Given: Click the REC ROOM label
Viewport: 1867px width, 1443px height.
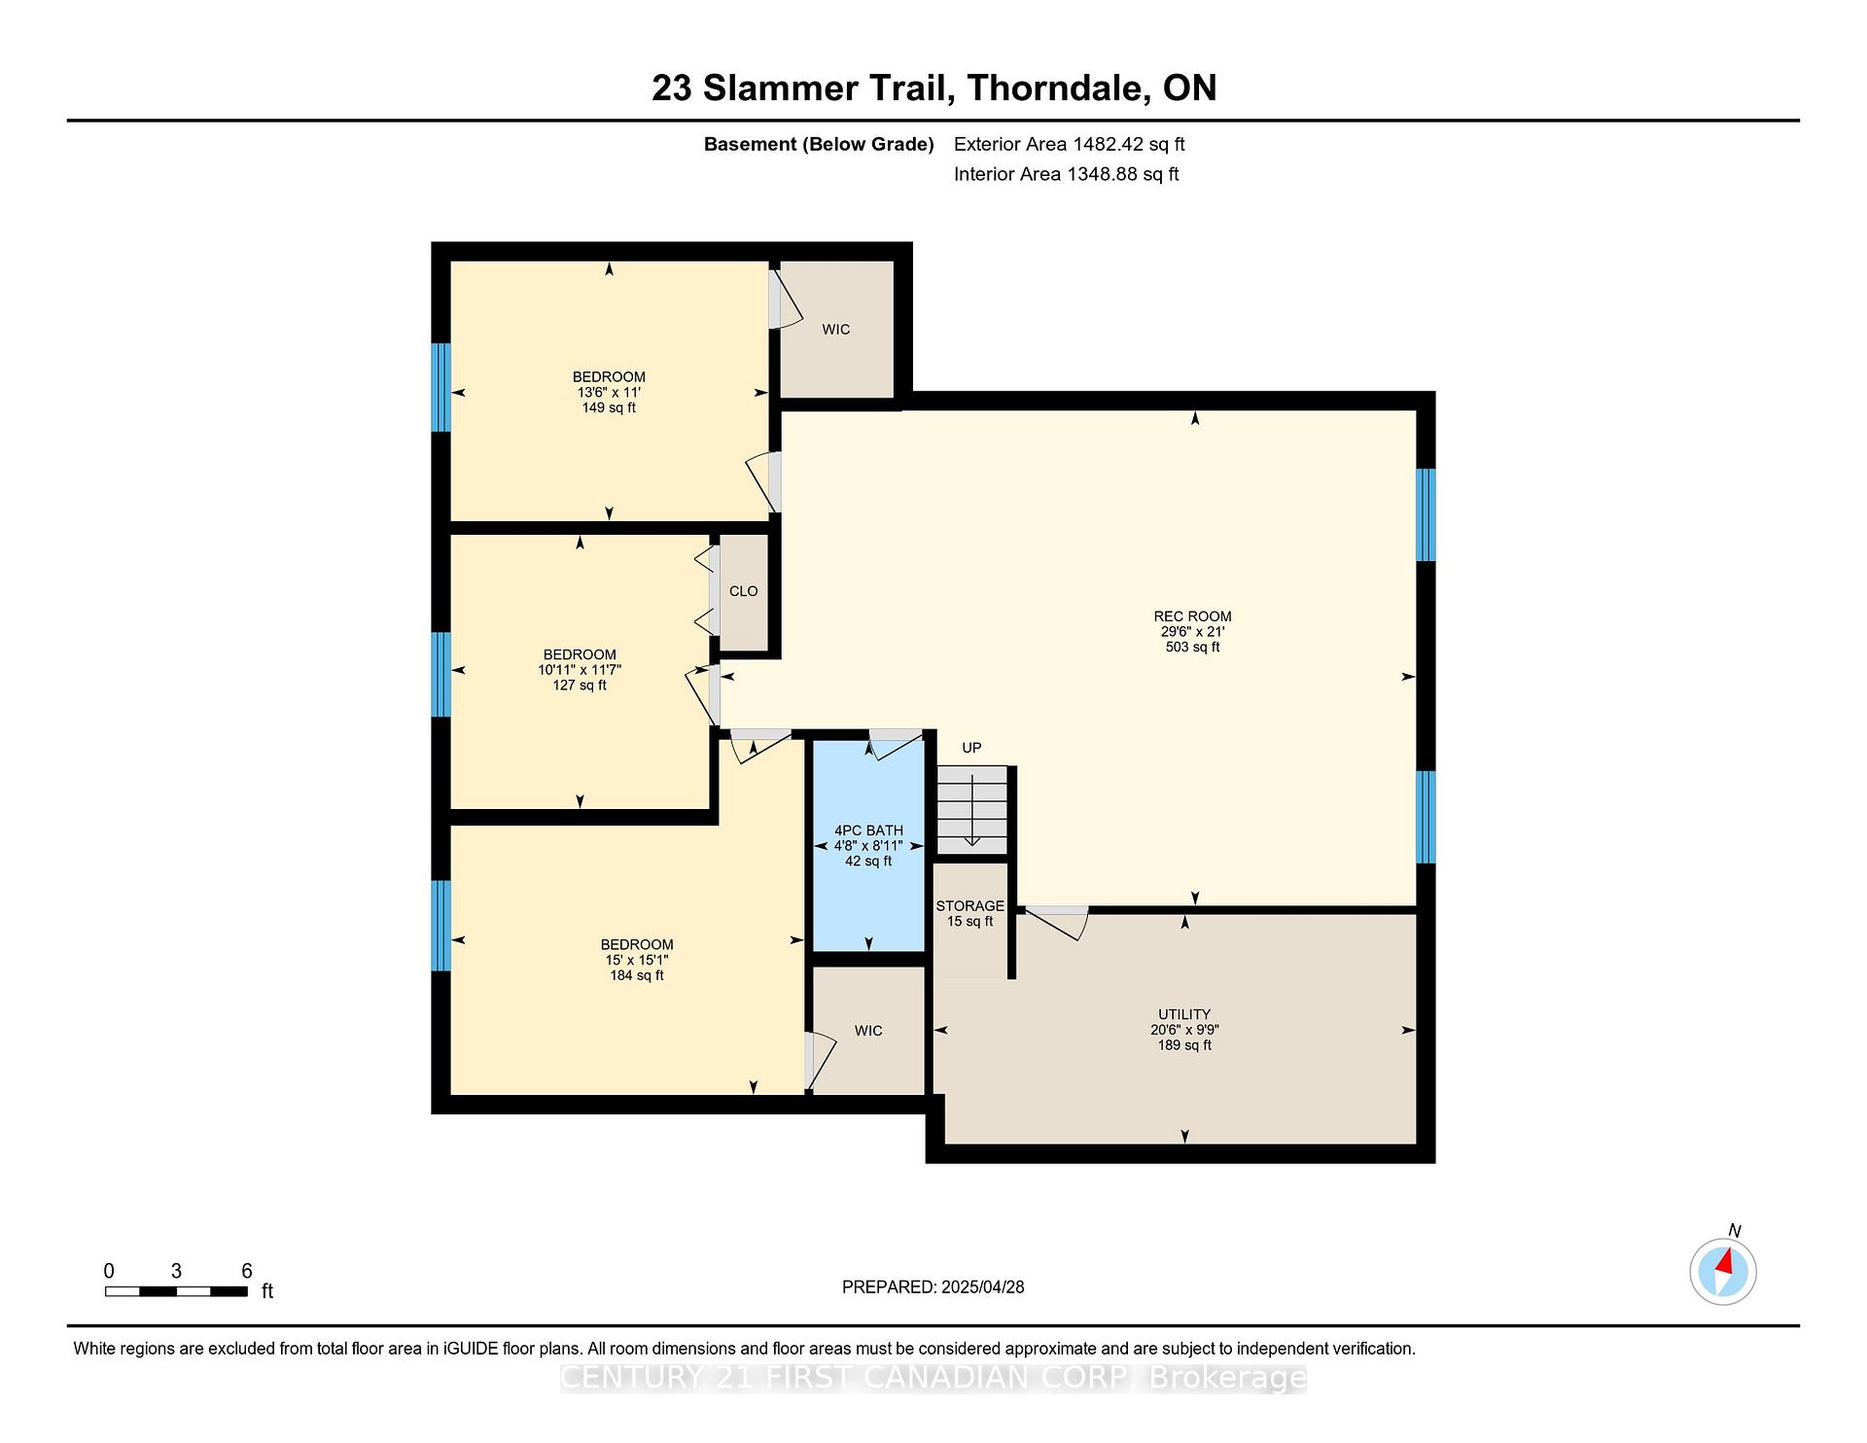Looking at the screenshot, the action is pos(1192,616).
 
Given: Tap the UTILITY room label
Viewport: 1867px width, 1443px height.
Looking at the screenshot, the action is pos(1184,1014).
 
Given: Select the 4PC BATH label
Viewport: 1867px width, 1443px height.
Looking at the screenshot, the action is pos(868,830).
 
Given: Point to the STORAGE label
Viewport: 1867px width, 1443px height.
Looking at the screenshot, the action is pos(969,905).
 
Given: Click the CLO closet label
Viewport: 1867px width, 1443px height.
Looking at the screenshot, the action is pos(743,591).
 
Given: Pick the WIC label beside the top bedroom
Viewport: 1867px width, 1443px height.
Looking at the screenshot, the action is pos(836,330).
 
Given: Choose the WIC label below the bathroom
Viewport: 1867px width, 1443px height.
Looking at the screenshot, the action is pos(868,1031).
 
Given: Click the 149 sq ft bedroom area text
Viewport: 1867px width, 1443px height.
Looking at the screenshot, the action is pos(609,407).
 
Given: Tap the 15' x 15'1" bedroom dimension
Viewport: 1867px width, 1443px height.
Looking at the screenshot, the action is pos(637,960).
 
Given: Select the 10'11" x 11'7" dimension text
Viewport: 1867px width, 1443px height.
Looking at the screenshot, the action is pos(580,670).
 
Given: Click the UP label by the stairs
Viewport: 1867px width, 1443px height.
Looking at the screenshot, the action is pos(971,748).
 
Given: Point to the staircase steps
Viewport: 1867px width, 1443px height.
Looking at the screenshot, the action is pos(971,810).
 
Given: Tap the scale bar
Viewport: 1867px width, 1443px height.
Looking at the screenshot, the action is pos(176,1291).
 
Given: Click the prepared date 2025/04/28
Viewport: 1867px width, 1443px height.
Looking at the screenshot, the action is pos(982,1286).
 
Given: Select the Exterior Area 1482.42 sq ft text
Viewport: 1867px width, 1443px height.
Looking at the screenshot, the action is pos(1070,144).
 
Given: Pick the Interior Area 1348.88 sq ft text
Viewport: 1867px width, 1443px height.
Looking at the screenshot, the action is pos(1067,174).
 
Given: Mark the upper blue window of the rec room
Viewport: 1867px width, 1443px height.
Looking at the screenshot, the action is pos(1426,515).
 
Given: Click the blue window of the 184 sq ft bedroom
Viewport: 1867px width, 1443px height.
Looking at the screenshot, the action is pos(440,926).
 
